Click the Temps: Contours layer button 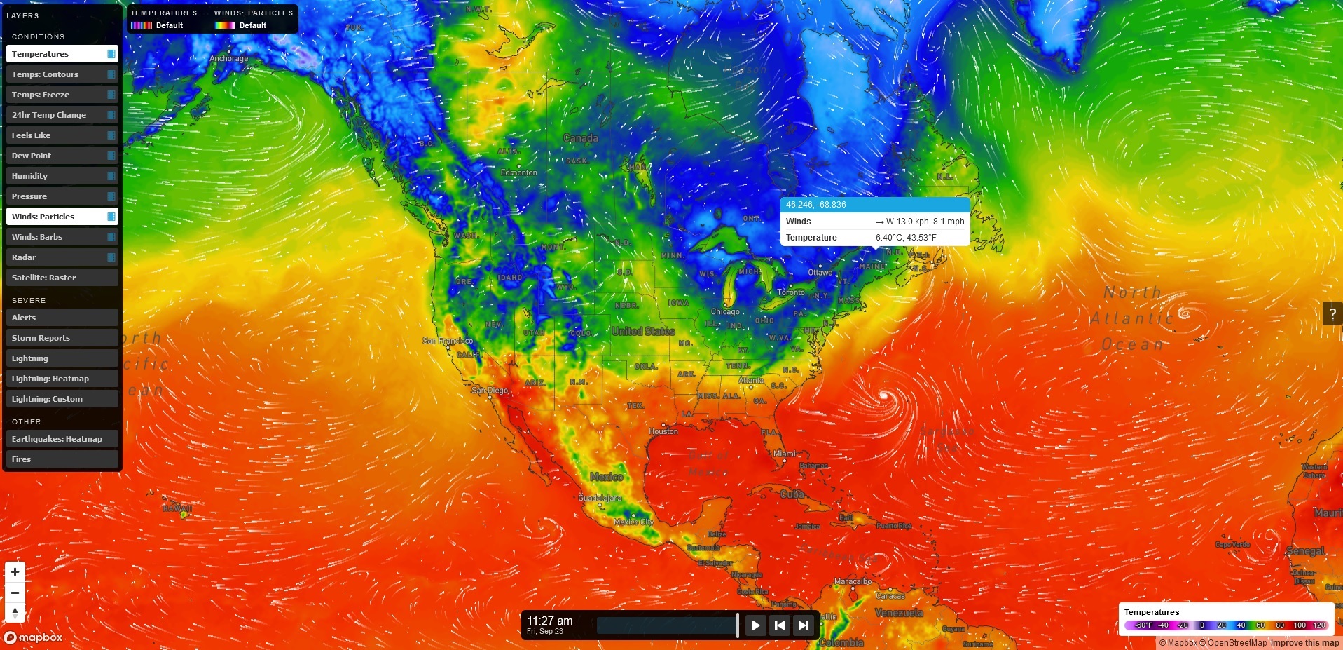coord(62,74)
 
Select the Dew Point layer coord(62,156)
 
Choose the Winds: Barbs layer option coord(62,237)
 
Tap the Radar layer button coord(62,257)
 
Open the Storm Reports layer coord(62,338)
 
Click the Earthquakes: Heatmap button coord(62,439)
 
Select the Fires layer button coord(62,459)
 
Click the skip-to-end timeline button coord(804,625)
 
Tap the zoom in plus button coord(15,572)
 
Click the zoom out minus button coord(15,593)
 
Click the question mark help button coord(1332,314)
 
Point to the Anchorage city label coord(228,58)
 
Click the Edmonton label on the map coord(519,172)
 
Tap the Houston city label coord(663,431)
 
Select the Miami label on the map coord(785,454)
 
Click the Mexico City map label coord(633,522)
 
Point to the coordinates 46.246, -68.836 coord(815,205)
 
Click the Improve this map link coord(1304,643)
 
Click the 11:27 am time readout coord(550,621)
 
